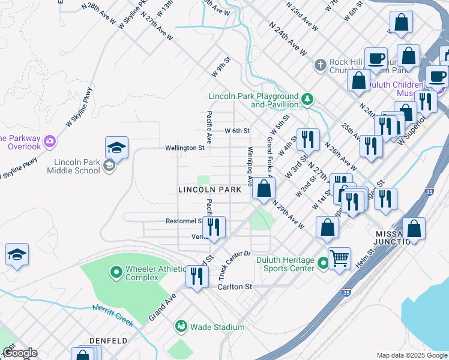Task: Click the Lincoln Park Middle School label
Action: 76,166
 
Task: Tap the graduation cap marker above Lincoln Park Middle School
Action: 117,148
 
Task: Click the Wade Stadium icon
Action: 181,326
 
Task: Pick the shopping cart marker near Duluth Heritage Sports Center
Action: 340,259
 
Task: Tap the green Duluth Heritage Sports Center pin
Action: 323,263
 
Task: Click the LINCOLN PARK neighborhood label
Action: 214,190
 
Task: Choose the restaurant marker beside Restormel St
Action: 214,227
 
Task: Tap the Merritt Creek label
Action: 112,315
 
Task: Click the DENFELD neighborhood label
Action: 108,340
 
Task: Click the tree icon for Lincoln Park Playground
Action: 308,98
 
